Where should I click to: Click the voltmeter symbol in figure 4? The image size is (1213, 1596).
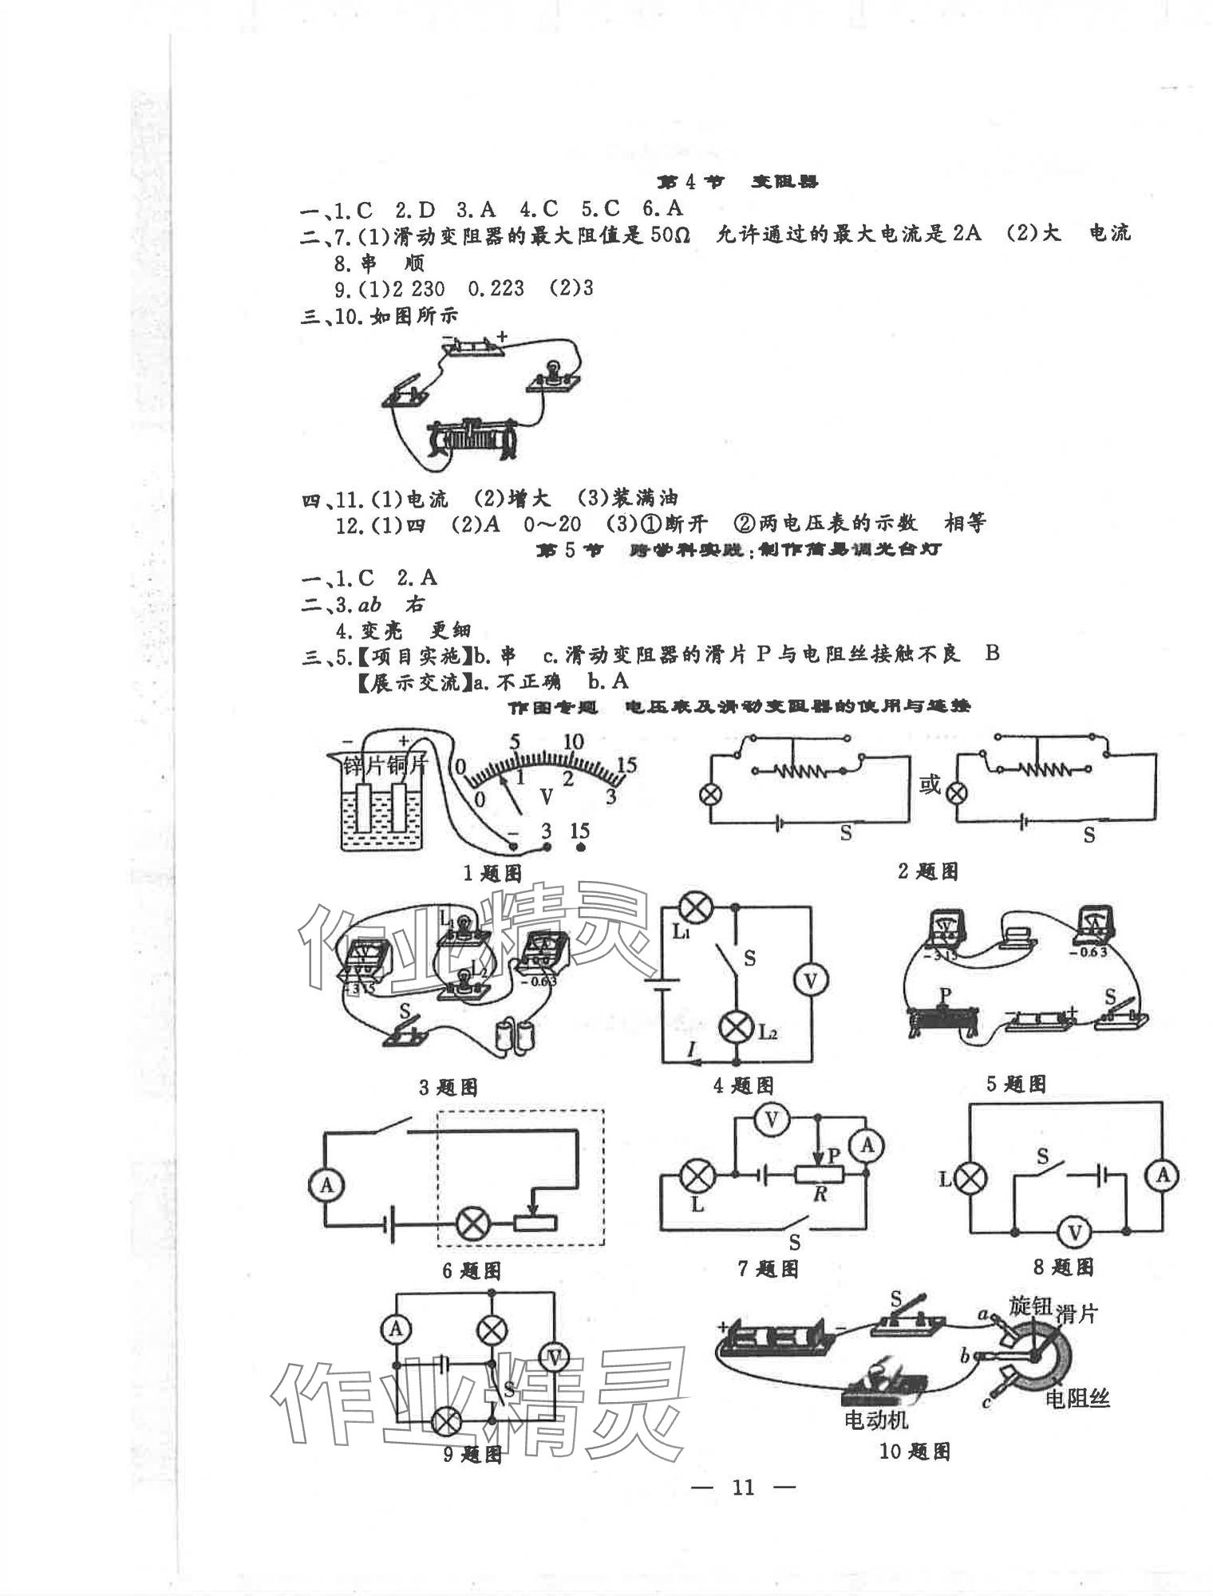coord(810,981)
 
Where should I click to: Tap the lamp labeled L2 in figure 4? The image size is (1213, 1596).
coord(736,1028)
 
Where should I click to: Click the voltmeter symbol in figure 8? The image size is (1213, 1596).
coord(1073,1233)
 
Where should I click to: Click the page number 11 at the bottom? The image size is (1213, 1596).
coord(742,1486)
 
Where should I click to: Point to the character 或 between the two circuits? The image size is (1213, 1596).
coord(930,785)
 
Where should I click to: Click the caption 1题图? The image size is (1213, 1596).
coord(492,873)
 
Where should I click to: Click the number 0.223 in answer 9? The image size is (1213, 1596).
coord(496,288)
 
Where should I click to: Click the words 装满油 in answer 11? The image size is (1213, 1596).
coord(645,499)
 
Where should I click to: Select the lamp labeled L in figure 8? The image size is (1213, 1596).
coord(971,1178)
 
